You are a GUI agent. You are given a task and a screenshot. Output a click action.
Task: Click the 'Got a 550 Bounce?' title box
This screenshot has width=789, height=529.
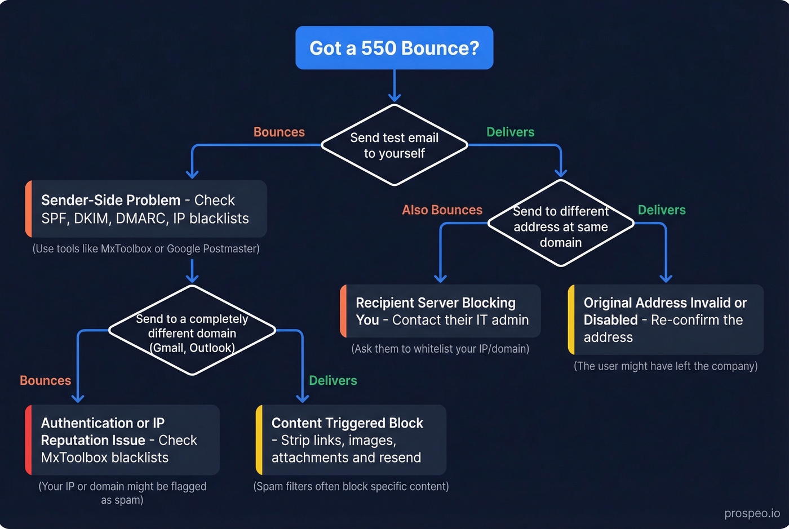394,48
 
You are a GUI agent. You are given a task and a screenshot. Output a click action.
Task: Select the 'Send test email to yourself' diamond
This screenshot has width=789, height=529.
394,145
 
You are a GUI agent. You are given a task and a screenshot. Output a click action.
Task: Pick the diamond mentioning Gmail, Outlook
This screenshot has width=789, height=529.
192,333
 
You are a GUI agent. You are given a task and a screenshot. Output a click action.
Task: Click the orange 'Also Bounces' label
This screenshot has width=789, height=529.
442,210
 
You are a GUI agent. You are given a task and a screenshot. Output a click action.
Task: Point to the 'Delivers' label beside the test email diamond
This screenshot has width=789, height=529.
510,132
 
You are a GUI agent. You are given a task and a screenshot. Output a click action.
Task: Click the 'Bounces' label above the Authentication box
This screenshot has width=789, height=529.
45,380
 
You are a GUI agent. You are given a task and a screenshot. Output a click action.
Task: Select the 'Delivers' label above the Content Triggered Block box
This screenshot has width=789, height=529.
333,380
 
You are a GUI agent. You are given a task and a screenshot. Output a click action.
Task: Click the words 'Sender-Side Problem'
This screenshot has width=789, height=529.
110,201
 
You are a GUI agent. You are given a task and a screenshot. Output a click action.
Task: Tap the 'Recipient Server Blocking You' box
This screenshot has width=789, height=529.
441,312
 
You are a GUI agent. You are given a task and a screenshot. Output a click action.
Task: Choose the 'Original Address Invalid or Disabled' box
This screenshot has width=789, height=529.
666,319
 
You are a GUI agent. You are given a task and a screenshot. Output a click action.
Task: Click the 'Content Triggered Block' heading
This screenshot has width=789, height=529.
347,423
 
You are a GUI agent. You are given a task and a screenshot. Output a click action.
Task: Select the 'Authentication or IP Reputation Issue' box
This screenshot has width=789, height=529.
122,440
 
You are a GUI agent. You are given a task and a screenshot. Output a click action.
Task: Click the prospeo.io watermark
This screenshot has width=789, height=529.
752,513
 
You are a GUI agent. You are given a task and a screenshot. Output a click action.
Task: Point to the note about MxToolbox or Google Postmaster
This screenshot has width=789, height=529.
146,248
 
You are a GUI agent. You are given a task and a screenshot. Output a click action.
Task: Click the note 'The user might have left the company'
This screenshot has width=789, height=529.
666,366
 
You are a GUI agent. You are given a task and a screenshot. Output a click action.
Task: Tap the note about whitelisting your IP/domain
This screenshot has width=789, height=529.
440,349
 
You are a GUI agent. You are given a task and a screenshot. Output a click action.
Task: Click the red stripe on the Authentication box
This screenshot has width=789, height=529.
28,440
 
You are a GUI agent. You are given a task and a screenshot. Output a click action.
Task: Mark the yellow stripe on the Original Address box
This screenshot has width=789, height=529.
571,319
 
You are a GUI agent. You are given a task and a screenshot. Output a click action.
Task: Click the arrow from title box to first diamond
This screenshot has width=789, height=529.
394,86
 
